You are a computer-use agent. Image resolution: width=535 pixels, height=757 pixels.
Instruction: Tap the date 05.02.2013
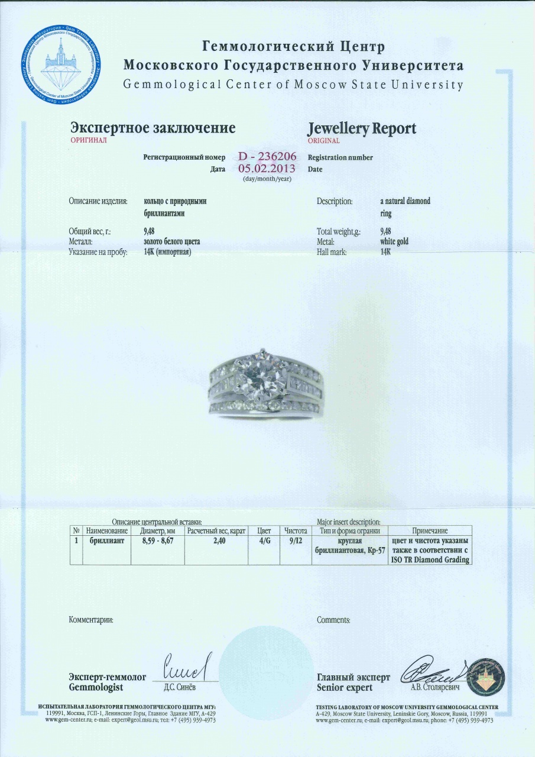pyautogui.click(x=267, y=169)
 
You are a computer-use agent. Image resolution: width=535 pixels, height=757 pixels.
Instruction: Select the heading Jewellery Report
pyautogui.click(x=362, y=128)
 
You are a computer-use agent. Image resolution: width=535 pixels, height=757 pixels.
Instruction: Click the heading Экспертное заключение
pyautogui.click(x=153, y=128)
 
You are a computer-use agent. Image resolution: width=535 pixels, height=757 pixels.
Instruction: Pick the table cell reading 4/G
pyautogui.click(x=264, y=541)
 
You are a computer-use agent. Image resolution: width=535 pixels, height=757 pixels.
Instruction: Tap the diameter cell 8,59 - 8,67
pyautogui.click(x=159, y=541)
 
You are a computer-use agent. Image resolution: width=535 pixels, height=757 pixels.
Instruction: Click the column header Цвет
pyautogui.click(x=264, y=531)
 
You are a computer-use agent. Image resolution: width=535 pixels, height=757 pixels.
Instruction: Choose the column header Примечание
pyautogui.click(x=430, y=531)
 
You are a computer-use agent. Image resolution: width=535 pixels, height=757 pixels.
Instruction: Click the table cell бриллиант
pyautogui.click(x=106, y=541)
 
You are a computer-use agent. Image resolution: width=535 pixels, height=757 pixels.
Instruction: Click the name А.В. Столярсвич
pyautogui.click(x=435, y=687)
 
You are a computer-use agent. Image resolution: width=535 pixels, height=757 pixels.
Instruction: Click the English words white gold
pyautogui.click(x=394, y=242)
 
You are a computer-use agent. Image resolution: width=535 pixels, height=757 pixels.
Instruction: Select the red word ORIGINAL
pyautogui.click(x=323, y=141)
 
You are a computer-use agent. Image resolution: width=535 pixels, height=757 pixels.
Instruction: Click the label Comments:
pyautogui.click(x=333, y=620)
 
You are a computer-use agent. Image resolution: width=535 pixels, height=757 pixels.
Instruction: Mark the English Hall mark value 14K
pyautogui.click(x=386, y=252)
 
